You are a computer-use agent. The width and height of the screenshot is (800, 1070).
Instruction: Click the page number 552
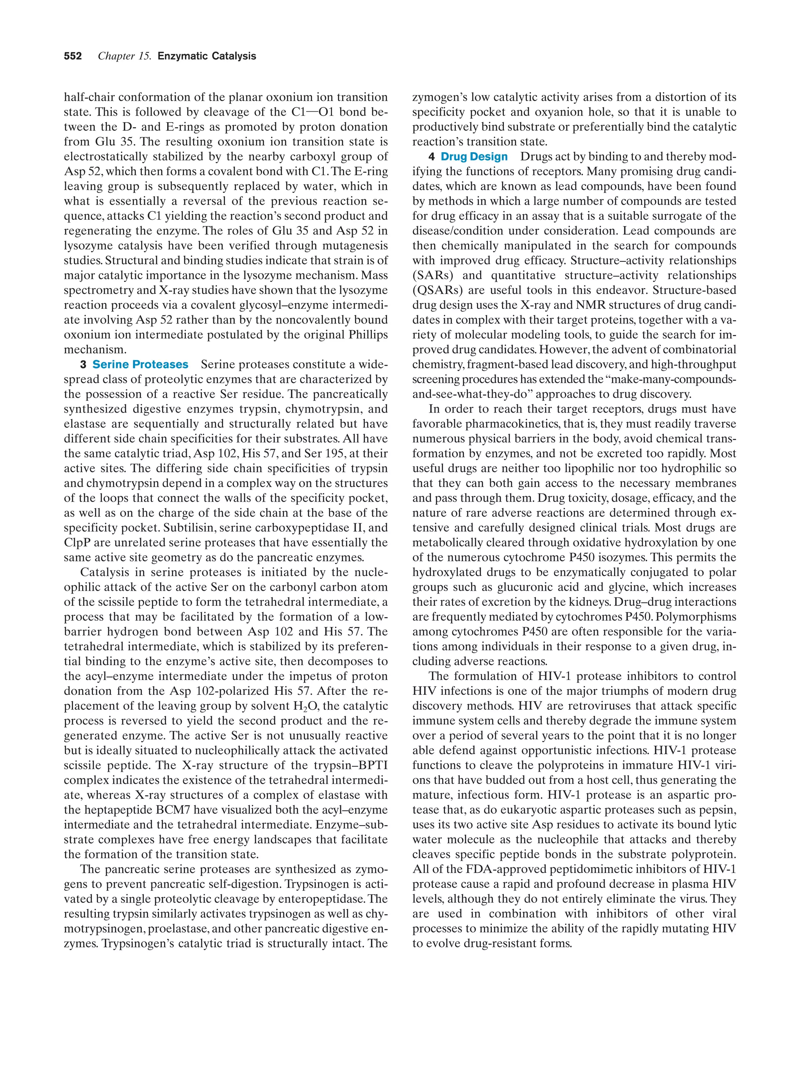pyautogui.click(x=73, y=56)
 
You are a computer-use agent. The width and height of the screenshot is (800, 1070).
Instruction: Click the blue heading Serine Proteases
pyautogui.click(x=140, y=364)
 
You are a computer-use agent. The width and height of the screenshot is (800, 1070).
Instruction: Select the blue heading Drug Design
pyautogui.click(x=474, y=156)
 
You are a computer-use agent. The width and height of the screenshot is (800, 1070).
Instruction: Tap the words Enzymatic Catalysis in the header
pyautogui.click(x=207, y=56)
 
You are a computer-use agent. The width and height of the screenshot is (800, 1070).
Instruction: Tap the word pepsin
pyautogui.click(x=721, y=810)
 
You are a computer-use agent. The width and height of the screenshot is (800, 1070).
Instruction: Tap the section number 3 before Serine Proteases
pyautogui.click(x=84, y=364)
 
